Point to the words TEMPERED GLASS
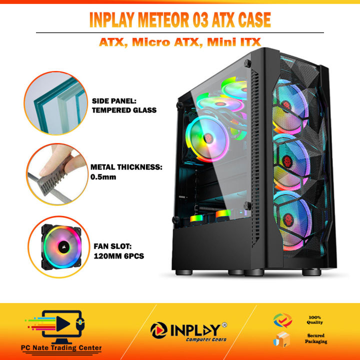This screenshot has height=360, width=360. tap(124, 110)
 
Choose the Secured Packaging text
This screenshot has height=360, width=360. tap(316, 338)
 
